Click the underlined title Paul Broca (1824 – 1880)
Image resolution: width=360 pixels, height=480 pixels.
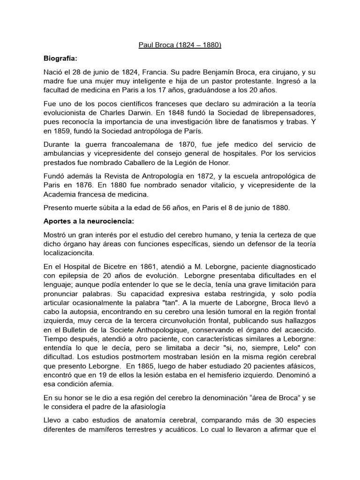tap(180, 46)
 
